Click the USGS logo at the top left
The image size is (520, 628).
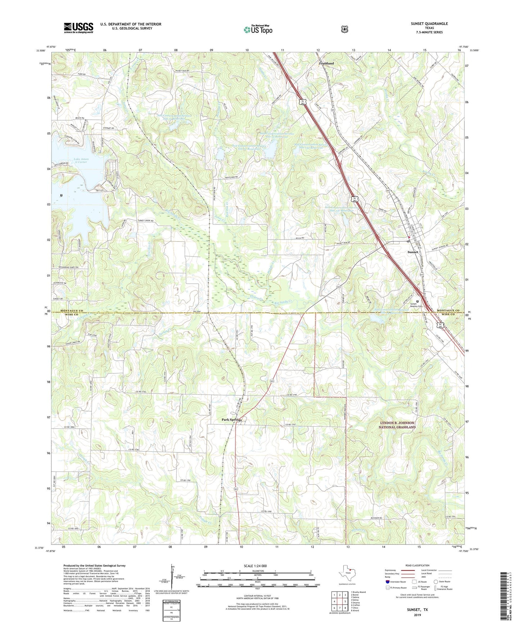pos(78,28)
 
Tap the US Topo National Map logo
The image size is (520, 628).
pos(258,29)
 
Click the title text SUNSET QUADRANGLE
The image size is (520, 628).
pos(429,24)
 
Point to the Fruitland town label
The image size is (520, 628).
pos(326,63)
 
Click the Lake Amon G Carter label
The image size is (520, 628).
pos(81,160)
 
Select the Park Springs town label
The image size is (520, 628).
pos(231,420)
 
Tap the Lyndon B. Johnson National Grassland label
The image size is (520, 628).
pos(397,425)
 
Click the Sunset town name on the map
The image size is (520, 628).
pos(413,252)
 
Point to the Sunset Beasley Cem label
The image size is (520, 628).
pos(416,305)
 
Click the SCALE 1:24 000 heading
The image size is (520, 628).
pos(255,566)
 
